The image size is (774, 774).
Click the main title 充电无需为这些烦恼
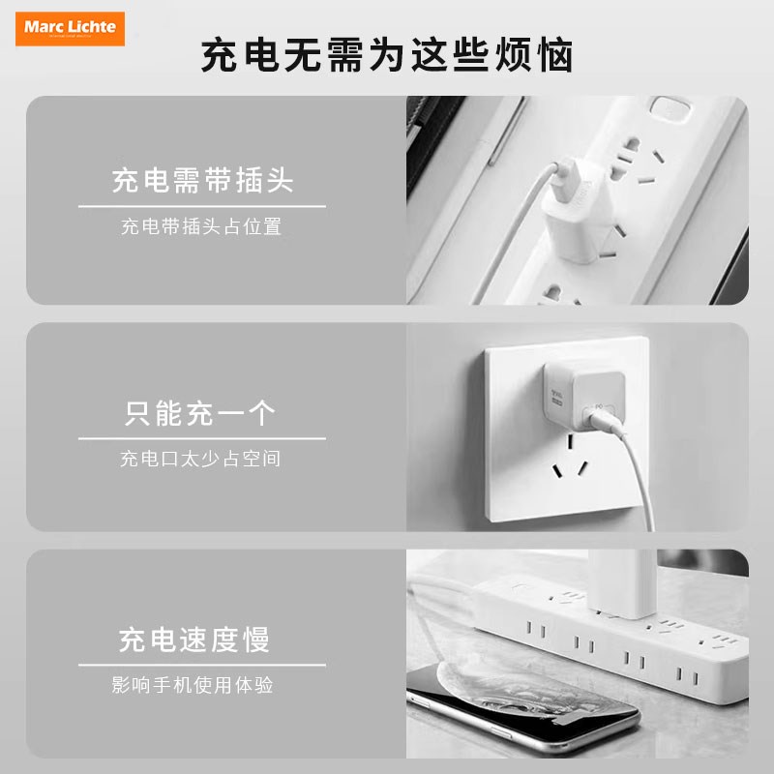pyautogui.click(x=387, y=55)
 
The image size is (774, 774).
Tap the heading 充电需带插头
pyautogui.click(x=202, y=180)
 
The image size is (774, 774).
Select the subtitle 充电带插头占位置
pyautogui.click(x=201, y=227)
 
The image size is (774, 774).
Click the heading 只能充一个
pyautogui.click(x=201, y=414)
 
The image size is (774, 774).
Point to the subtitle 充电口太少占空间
pyautogui.click(x=201, y=459)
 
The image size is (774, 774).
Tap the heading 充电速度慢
pyautogui.click(x=194, y=640)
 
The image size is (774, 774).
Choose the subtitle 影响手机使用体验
pyautogui.click(x=193, y=685)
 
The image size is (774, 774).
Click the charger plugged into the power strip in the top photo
pyautogui.click(x=570, y=204)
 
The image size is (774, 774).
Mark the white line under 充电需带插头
pyautogui.click(x=201, y=205)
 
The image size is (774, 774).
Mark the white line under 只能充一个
pyautogui.click(x=201, y=438)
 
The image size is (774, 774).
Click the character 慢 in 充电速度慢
pyautogui.click(x=256, y=640)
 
